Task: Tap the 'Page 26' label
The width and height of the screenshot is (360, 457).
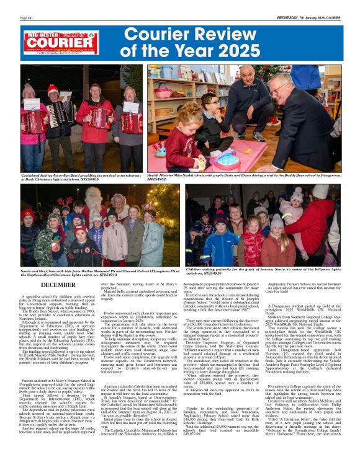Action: [x=26, y=18]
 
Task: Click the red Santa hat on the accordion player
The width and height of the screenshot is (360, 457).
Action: [x=53, y=89]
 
